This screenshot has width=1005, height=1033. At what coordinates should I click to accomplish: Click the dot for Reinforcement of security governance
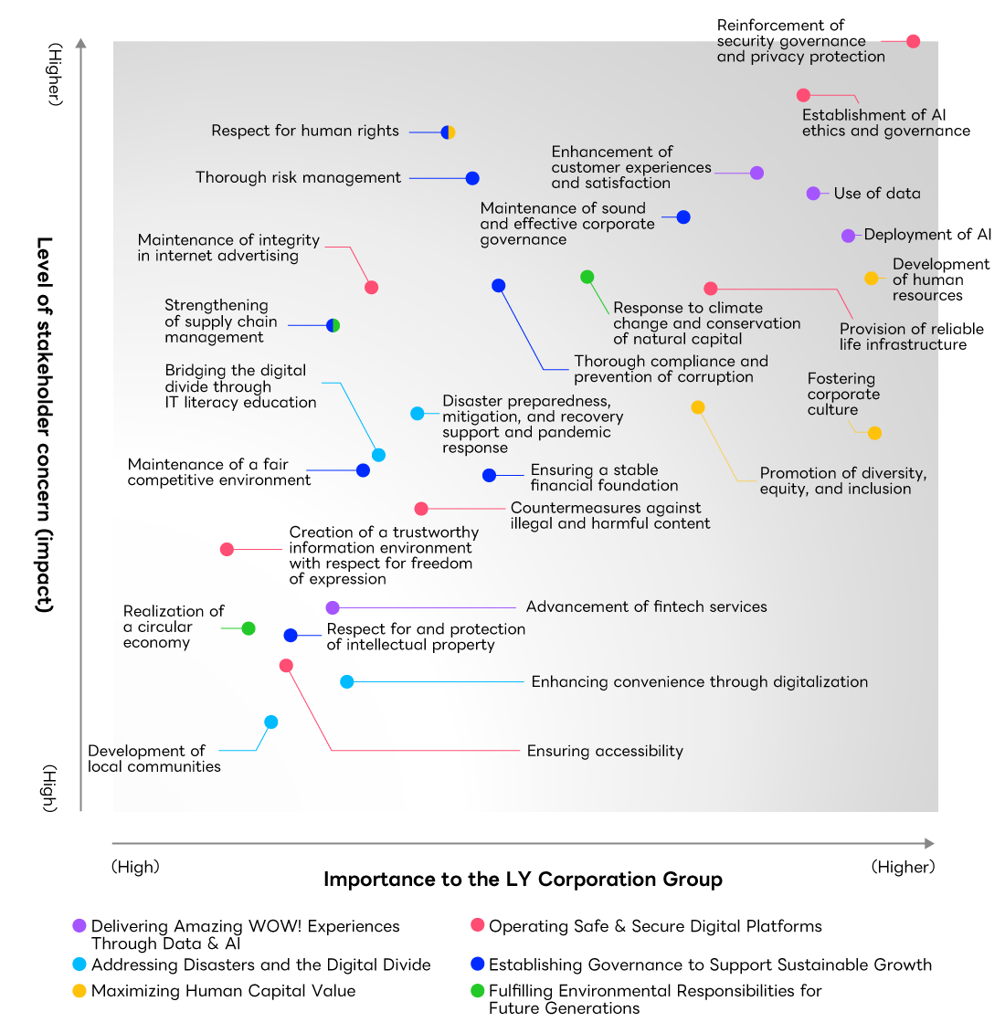[913, 41]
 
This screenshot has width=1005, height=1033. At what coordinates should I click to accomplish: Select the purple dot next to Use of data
[813, 194]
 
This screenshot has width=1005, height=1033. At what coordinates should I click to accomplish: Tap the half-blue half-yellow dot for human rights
[448, 132]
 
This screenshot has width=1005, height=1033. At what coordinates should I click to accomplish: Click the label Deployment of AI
[926, 235]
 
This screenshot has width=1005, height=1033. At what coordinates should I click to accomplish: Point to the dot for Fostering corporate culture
[874, 433]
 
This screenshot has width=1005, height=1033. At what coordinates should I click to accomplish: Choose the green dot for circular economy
[249, 628]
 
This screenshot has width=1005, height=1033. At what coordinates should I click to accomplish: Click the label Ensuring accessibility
[605, 751]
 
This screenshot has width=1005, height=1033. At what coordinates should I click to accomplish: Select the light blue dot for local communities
[270, 722]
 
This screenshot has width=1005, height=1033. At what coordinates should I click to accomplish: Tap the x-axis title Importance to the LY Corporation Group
[523, 880]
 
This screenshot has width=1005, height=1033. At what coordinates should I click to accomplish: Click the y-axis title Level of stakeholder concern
[44, 425]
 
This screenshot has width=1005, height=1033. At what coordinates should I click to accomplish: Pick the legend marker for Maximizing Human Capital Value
[79, 991]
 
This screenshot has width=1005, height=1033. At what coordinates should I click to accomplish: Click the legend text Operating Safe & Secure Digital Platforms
[655, 926]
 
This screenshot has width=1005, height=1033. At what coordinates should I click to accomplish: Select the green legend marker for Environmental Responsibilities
[477, 991]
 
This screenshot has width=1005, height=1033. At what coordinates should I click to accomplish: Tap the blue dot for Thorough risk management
[472, 179]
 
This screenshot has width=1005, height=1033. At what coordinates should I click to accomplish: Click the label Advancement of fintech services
[646, 606]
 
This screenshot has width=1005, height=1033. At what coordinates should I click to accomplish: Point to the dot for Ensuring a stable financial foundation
[489, 475]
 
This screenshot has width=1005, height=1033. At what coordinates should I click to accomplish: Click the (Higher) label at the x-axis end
[903, 867]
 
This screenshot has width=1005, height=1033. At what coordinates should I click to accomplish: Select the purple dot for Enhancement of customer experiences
[756, 173]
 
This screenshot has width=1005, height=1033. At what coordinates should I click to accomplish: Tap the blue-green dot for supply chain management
[333, 325]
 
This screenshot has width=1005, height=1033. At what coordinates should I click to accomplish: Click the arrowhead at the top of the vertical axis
[81, 43]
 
